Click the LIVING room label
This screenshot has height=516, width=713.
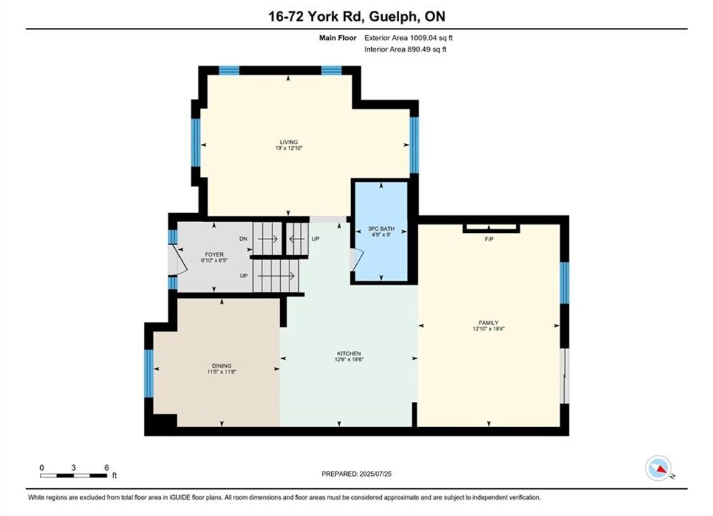[289, 142]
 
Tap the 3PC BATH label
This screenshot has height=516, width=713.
[381, 229]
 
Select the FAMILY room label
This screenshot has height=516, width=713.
[489, 322]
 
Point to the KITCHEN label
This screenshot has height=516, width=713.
[349, 353]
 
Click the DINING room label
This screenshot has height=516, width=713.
[221, 365]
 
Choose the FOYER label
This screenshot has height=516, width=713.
[214, 254]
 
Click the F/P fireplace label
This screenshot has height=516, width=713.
[489, 239]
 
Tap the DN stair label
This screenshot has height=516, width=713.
[243, 239]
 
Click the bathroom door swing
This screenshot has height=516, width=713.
[357, 260]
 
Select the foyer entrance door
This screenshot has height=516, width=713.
[177, 260]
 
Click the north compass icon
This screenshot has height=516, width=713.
[659, 468]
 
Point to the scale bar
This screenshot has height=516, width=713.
[74, 476]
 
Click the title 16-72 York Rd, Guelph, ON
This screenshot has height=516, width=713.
[357, 16]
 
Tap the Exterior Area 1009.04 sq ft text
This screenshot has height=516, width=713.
[408, 38]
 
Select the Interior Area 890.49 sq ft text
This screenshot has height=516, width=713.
[405, 49]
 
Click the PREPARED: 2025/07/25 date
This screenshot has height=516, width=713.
[357, 474]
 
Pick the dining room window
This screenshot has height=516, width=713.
[149, 373]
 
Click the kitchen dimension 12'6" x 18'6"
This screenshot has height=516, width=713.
[349, 359]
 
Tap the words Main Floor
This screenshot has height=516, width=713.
[338, 38]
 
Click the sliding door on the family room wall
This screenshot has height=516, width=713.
[564, 376]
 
